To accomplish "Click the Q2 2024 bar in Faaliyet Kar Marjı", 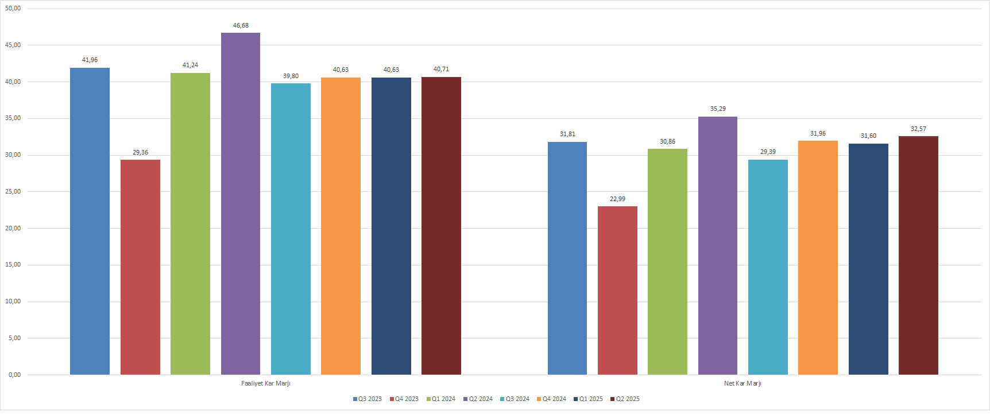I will (x=241, y=203).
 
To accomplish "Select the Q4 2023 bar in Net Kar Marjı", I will (x=617, y=290).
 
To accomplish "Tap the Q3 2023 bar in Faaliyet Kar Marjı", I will (x=90, y=221).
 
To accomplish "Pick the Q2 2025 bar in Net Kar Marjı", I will (x=918, y=255).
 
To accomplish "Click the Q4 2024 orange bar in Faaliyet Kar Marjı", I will (x=341, y=226).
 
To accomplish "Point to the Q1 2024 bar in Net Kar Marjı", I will (x=667, y=261).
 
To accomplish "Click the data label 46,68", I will (x=241, y=25).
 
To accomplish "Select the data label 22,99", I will (x=617, y=199).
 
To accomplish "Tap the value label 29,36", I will (x=140, y=152).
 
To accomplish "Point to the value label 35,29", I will (x=718, y=109).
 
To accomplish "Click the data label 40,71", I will (x=441, y=69).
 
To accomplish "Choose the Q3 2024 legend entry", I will (x=515, y=399).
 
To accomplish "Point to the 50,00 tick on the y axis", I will (x=13, y=9).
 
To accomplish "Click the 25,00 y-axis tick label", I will (x=13, y=191).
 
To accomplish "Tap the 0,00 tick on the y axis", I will (x=14, y=375).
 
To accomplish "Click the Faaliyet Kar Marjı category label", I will (x=266, y=383).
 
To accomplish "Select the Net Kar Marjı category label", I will (x=742, y=383).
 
